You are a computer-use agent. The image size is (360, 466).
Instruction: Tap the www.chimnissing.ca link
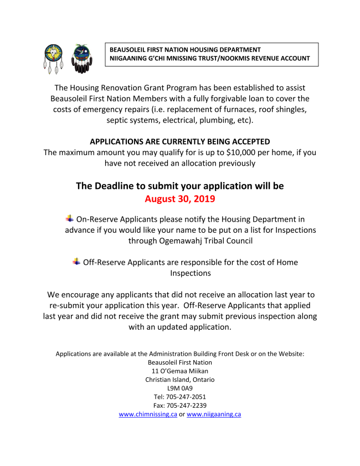(148, 414)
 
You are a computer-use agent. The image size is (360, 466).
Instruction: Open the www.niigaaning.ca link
(214, 414)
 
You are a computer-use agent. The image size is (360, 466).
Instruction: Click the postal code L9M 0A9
(180, 388)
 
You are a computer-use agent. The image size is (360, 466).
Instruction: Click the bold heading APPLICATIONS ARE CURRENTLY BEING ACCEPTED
(180, 142)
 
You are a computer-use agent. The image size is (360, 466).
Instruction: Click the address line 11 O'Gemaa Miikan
(180, 371)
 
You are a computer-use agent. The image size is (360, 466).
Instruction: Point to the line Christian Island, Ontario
(180, 380)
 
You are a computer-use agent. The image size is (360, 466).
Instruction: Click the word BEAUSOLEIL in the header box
(128, 50)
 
